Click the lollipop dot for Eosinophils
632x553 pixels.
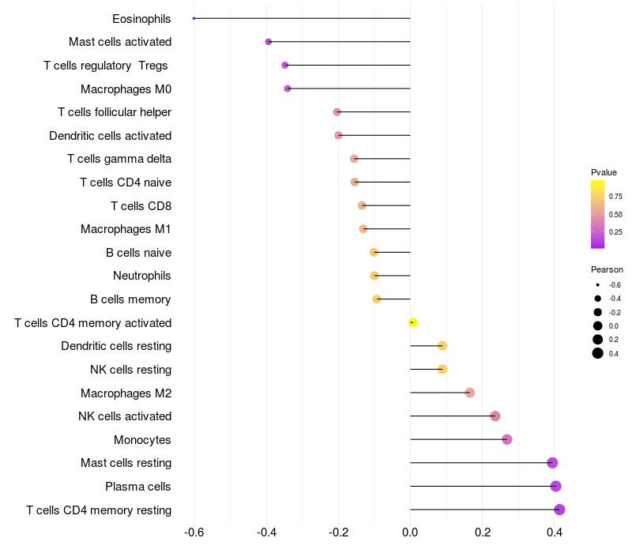coord(194,18)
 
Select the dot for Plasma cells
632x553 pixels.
coord(555,486)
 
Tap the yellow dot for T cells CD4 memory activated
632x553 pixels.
coord(412,322)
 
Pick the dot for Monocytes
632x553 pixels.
coord(507,439)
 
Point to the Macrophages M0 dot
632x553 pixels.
coord(288,88)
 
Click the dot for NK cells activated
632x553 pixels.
coord(495,416)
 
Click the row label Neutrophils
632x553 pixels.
coord(142,276)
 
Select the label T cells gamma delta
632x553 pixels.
coord(119,159)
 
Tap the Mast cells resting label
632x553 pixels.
coord(126,463)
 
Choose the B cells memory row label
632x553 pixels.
coord(130,299)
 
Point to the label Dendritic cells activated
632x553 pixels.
coord(111,136)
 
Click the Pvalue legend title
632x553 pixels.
coord(604,172)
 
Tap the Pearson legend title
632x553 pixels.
coord(607,269)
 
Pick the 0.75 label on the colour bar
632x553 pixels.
coord(615,197)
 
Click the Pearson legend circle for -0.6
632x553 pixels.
coord(598,284)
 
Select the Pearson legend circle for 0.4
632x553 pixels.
coord(598,353)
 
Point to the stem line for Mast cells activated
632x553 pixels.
coord(340,42)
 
